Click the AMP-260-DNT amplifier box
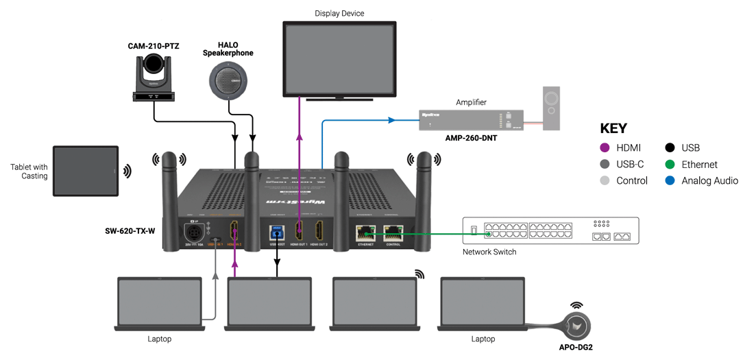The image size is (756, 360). tap(472, 119)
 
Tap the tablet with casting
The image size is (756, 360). tap(84, 171)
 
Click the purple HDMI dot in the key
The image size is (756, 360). tap(605, 147)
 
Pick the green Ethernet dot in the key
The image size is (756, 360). tap(668, 165)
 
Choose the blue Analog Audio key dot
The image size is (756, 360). tap(668, 181)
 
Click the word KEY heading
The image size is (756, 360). tap(613, 128)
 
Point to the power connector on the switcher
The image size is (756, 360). tap(191, 230)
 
